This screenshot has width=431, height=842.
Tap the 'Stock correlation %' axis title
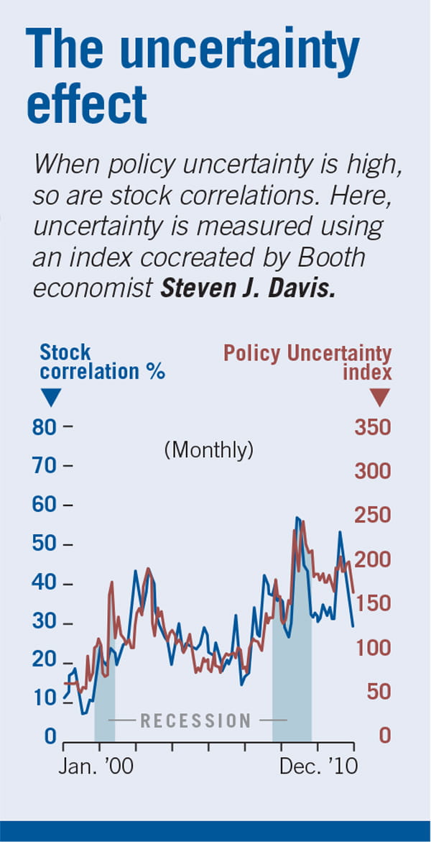click(x=102, y=362)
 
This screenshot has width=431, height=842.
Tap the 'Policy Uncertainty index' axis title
click(x=307, y=362)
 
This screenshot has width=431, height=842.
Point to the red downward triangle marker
click(x=380, y=397)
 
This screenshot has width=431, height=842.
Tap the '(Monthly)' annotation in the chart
click(x=208, y=451)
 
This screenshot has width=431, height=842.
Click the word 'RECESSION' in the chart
click(x=195, y=720)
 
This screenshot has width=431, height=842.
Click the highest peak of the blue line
click(x=297, y=518)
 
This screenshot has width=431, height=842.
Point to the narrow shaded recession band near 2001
click(x=105, y=690)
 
